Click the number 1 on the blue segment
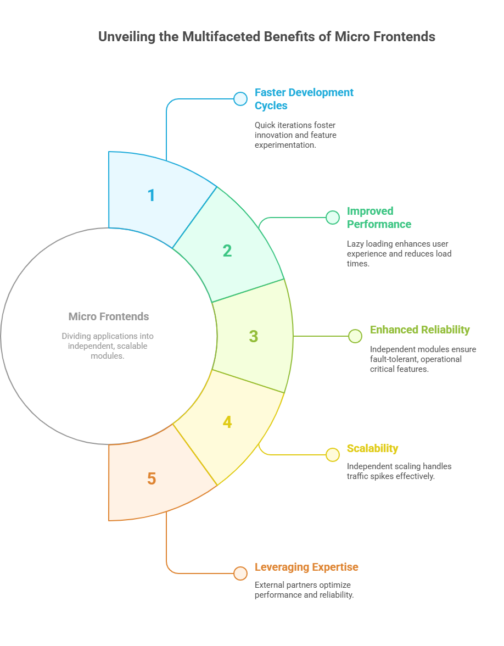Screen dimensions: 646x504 [152, 195]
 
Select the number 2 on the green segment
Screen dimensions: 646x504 [227, 250]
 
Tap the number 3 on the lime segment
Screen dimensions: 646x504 [253, 336]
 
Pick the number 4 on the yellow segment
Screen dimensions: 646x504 [227, 422]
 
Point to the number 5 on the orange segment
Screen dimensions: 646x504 [152, 478]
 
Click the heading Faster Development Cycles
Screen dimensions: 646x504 [304, 99]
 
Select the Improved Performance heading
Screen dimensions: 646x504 [379, 218]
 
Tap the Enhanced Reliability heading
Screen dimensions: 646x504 [419, 330]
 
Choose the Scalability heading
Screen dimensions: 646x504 [372, 448]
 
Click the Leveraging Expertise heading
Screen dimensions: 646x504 [306, 567]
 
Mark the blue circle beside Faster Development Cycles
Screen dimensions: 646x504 [240, 99]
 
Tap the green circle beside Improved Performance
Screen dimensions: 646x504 [333, 218]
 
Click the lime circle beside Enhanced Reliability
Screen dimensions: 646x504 [355, 336]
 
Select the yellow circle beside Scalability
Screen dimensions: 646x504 [333, 455]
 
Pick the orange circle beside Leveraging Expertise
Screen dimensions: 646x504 [240, 573]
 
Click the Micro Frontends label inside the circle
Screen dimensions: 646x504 [109, 316]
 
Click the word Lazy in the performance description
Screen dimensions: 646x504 [356, 243]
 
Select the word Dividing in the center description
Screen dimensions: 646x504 [76, 336]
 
